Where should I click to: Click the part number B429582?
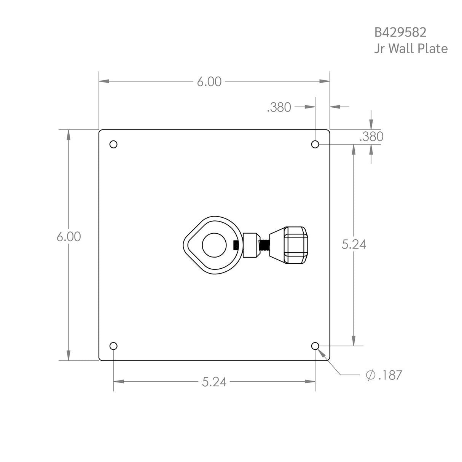coord(400,32)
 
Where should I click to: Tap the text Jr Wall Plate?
coord(411,49)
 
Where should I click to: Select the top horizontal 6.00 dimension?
coord(209,81)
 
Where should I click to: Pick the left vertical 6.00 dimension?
coord(69,236)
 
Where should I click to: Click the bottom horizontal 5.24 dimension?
coord(214,382)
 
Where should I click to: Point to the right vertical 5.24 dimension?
coord(354,244)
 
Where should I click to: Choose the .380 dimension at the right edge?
coord(371,137)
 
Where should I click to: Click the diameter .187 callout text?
coord(384,375)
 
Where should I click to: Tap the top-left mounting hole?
coord(113,144)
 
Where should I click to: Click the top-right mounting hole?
coord(315,144)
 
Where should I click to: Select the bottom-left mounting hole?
coord(113,346)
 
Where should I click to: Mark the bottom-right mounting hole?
coord(315,346)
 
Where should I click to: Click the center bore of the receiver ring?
coord(214,245)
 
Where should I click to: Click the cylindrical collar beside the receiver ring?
coord(250,245)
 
